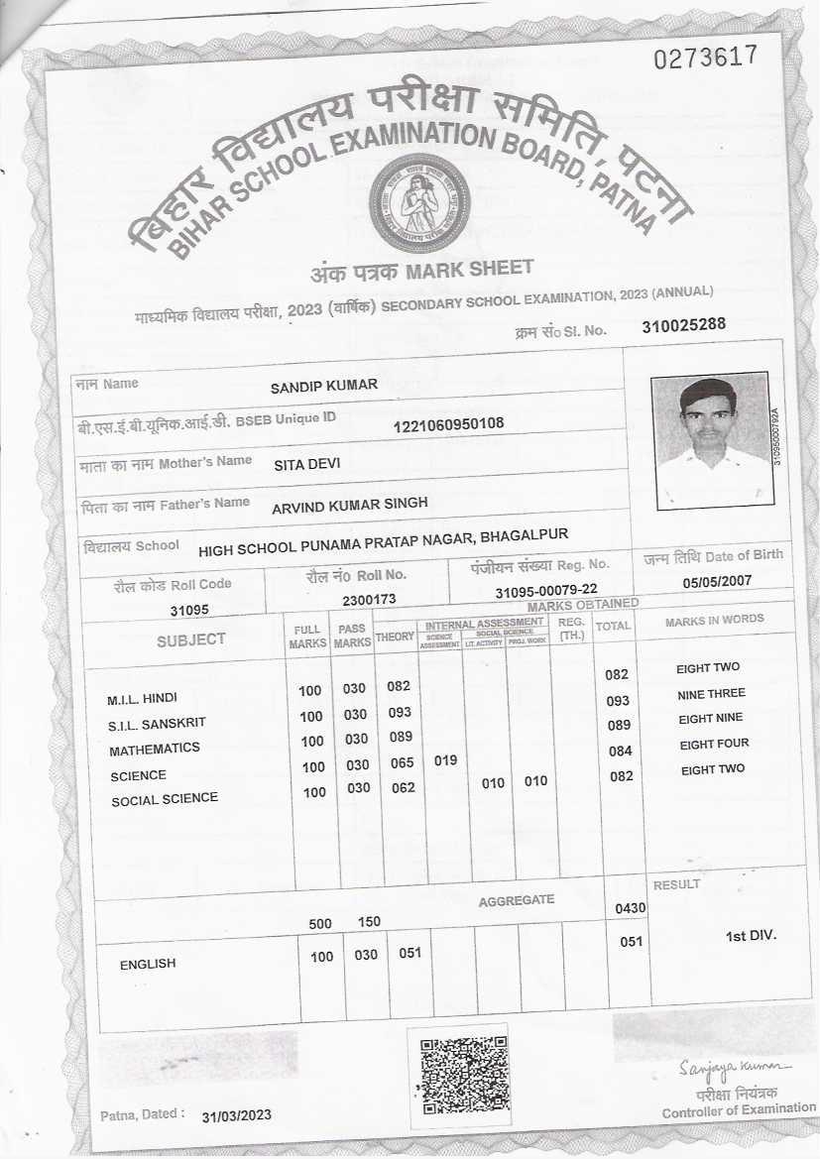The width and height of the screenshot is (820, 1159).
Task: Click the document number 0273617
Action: pos(706,57)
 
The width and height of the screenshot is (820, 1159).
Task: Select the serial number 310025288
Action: pos(684,324)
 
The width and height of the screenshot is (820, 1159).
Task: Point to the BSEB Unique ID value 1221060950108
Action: pos(449,424)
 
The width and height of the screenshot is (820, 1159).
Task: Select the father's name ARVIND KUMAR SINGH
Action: pos(350,504)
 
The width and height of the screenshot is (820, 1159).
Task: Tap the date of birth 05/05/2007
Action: pos(718,582)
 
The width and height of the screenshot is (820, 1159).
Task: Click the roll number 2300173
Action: pos(369,600)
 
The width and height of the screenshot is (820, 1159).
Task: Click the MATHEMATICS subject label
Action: pos(155,749)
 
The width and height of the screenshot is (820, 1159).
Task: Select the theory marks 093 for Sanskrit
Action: pos(400,713)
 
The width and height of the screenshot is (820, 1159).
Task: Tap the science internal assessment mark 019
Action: pos(446,761)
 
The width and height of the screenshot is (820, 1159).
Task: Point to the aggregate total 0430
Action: pos(631,908)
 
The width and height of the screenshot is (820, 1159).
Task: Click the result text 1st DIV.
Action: pos(752,936)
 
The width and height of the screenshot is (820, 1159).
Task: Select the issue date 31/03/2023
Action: pos(236,1116)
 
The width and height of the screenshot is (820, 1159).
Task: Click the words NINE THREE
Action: pos(711,694)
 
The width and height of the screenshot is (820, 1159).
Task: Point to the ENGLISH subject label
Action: pos(148,964)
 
